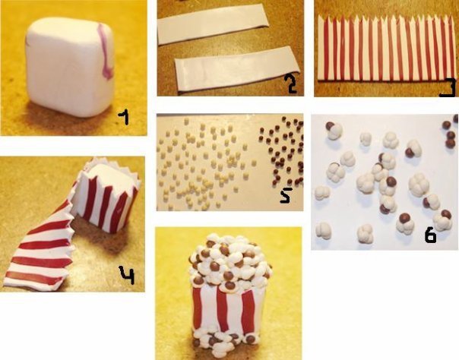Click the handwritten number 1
point(124,119)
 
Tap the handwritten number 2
point(291,84)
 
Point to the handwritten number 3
point(448,88)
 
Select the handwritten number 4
point(127,275)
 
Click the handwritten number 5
point(285,194)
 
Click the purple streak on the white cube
point(105,51)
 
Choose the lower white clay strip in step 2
point(236,70)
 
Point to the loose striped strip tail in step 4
point(40,251)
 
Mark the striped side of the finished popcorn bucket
point(226,310)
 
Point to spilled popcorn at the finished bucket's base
point(224,343)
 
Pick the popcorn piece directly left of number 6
point(406,225)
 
